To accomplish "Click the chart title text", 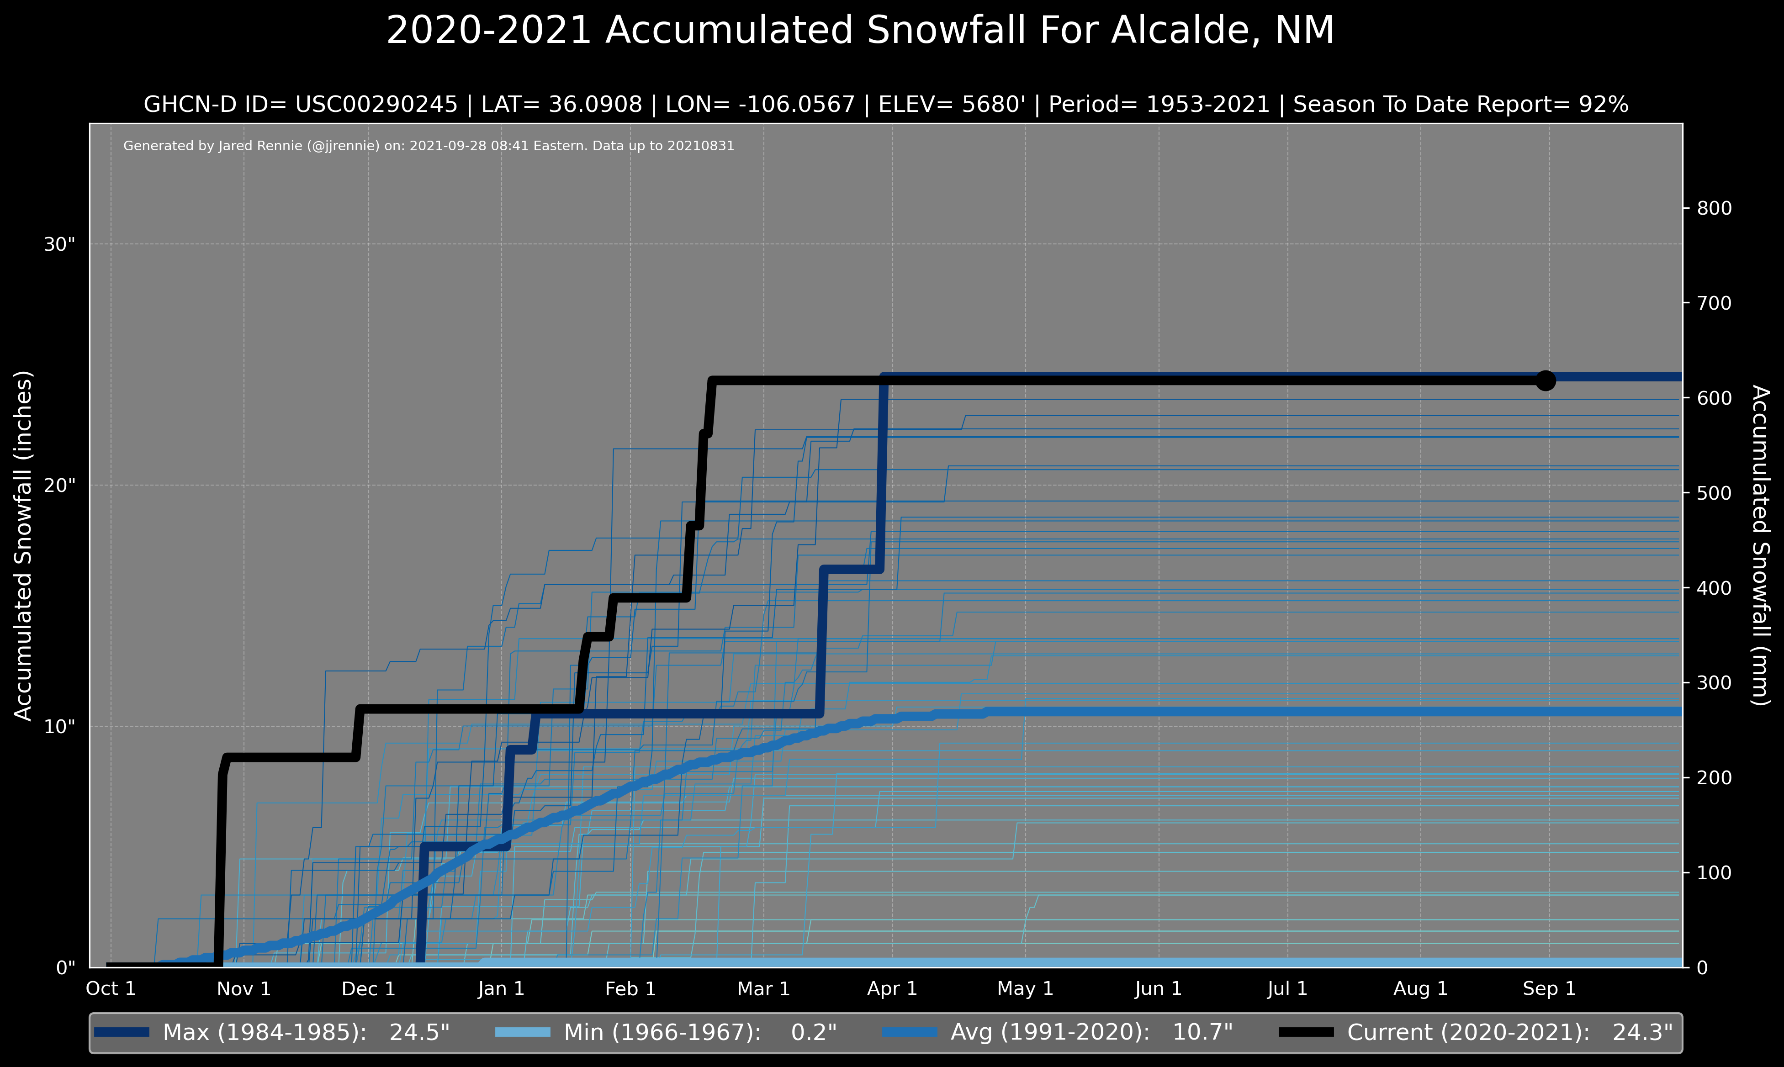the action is tap(860, 31).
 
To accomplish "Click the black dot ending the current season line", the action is tap(1545, 380).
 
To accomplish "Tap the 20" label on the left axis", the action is tap(60, 486).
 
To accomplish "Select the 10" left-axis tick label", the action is tap(60, 726).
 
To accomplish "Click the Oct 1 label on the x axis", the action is tap(111, 988).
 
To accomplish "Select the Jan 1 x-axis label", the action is tap(501, 988).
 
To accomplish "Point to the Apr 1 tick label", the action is tap(892, 988).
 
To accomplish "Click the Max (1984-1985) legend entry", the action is tap(272, 1032).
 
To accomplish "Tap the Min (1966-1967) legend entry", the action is tap(666, 1032).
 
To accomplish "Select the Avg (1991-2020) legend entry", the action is tap(1057, 1032).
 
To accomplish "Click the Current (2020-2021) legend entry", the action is tap(1476, 1032).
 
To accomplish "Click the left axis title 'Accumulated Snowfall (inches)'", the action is tap(24, 546).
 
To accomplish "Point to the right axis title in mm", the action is tap(1759, 546).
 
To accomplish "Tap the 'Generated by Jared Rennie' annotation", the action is tap(429, 146).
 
